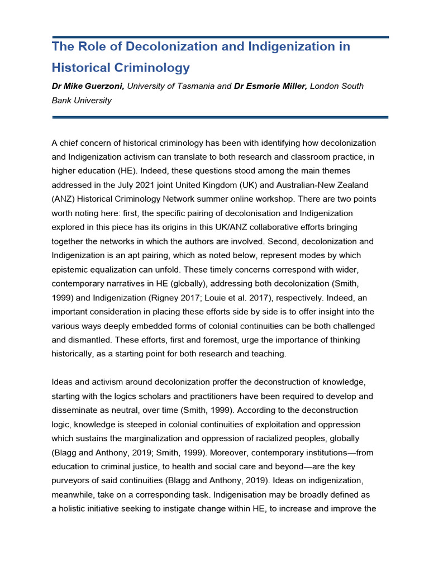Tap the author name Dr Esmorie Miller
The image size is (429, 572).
(x=270, y=86)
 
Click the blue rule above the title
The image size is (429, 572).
(x=220, y=37)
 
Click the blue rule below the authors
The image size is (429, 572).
(x=220, y=117)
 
